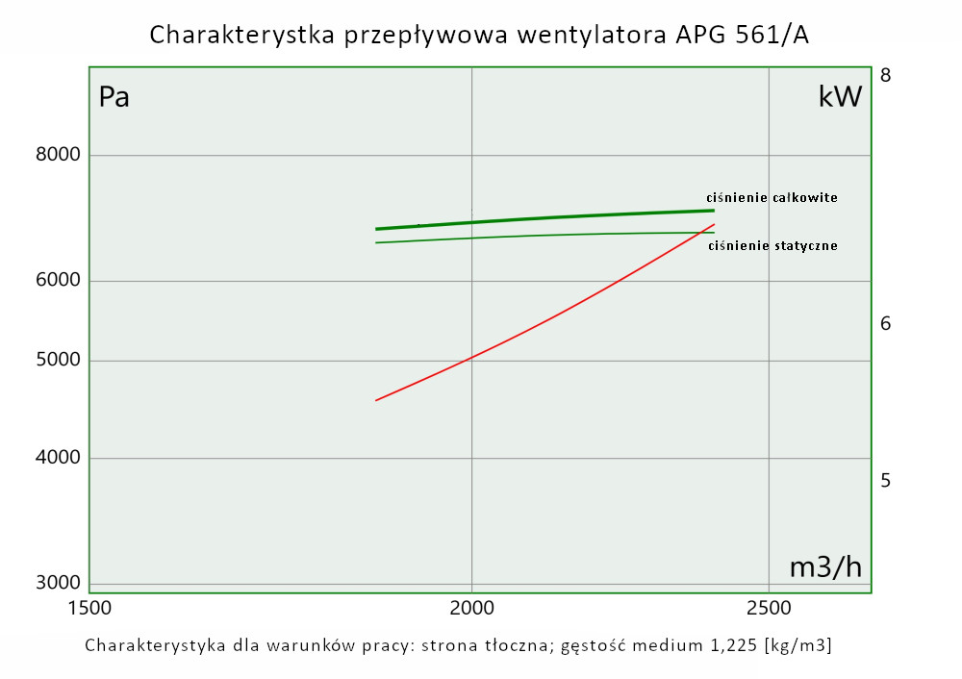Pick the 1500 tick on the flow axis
point(89,609)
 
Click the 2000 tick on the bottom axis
point(471,609)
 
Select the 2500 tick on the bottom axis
point(768,609)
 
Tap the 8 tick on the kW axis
point(886,75)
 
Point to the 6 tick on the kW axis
point(886,324)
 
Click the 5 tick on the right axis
point(886,480)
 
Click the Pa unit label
point(114,97)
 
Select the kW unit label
point(839,97)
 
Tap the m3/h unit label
point(825,567)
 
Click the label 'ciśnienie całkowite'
point(772,197)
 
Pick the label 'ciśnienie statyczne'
point(772,245)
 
